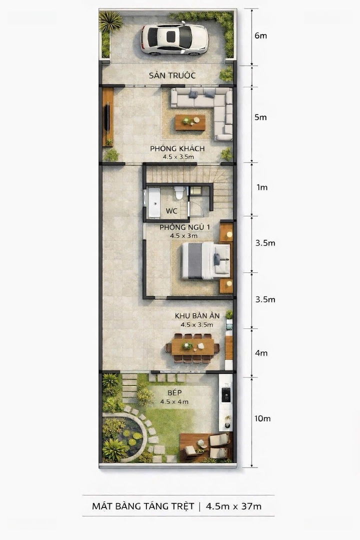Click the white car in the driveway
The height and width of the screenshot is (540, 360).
174,38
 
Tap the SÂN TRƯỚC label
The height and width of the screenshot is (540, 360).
172,75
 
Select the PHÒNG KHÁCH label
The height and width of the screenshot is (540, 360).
177,148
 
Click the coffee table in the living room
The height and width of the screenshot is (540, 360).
190,122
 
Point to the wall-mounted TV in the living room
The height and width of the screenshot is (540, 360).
107,117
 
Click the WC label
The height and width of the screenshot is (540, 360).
171,211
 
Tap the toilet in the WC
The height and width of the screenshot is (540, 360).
179,192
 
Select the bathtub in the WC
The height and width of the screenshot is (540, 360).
153,203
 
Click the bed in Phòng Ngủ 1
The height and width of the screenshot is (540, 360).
205,260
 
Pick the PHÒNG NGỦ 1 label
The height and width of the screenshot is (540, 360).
184,227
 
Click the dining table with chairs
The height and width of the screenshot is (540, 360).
192,348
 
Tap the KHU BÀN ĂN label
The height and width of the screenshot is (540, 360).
197,316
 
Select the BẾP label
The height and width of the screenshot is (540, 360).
174,392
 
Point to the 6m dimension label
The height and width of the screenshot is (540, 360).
261,36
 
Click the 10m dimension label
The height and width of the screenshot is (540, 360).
262,418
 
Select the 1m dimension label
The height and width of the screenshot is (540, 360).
262,187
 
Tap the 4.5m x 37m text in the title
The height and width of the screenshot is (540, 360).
233,506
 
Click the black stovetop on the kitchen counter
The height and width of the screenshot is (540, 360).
226,395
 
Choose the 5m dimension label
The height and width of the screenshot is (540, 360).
260,117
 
